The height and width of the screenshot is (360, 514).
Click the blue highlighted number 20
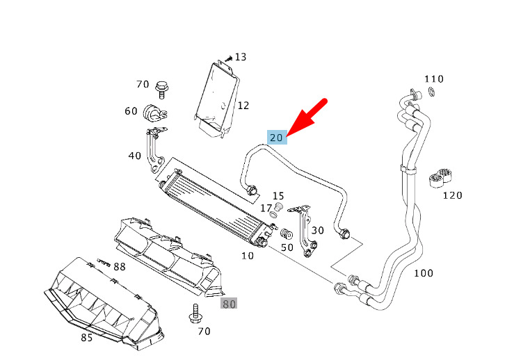(x=277, y=137)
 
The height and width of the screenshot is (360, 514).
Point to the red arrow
(x=307, y=117)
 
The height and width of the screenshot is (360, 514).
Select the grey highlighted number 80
(x=229, y=304)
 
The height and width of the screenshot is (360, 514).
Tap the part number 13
(x=240, y=57)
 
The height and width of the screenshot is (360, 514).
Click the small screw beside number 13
(x=228, y=58)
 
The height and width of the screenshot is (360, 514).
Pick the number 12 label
(x=243, y=106)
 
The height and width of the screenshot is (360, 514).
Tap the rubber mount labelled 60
(x=154, y=113)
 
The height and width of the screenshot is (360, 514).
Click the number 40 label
(x=135, y=156)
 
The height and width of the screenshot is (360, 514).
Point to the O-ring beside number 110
(x=432, y=92)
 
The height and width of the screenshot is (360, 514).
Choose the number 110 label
(x=434, y=79)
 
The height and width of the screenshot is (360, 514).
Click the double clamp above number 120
(x=441, y=178)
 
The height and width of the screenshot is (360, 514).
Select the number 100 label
(x=424, y=273)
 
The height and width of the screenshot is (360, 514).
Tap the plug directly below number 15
(x=279, y=207)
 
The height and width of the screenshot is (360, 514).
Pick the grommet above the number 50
(x=287, y=234)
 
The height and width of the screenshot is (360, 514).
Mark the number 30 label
(x=318, y=230)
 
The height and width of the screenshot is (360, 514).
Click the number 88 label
(x=120, y=267)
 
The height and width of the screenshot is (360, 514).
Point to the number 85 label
(x=86, y=337)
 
